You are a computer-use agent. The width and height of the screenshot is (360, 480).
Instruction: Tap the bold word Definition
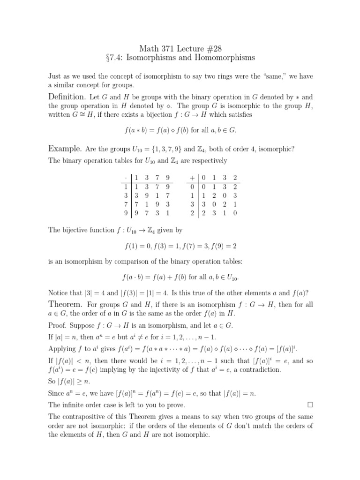pyautogui.click(x=67, y=97)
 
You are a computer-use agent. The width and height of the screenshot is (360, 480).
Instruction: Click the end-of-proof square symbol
pyautogui.click(x=310, y=404)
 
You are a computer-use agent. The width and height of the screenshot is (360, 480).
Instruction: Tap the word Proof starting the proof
pyautogui.click(x=58, y=325)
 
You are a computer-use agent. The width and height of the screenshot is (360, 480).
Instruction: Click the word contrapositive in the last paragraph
pyautogui.click(x=90, y=416)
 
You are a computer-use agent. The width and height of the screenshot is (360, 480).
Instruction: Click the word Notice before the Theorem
pyautogui.click(x=59, y=292)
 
